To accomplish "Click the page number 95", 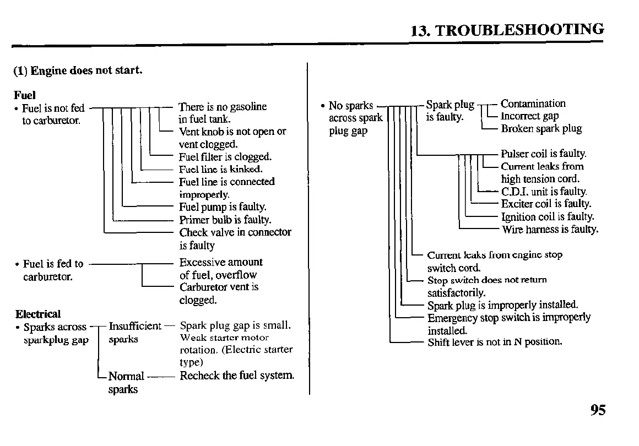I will click(x=598, y=411).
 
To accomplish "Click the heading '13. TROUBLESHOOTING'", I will click(x=507, y=30).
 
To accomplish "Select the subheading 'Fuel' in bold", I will click(x=25, y=95).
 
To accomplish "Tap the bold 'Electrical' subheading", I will click(x=38, y=314).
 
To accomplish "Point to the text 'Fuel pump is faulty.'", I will click(x=223, y=207).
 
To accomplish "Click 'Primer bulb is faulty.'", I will click(x=225, y=220).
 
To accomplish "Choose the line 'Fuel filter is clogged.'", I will click(x=225, y=157).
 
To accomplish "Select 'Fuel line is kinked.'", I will click(x=221, y=169).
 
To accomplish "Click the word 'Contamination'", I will click(x=533, y=104).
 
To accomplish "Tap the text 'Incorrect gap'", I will click(x=529, y=116).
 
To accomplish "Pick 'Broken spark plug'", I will click(x=541, y=129).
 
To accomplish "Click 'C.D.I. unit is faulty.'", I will click(x=544, y=192).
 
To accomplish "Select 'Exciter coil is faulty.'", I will click(x=546, y=204).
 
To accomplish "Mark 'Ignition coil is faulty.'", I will click(x=548, y=217).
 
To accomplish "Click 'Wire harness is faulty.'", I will click(x=550, y=230).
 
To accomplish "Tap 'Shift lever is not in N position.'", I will click(x=495, y=342).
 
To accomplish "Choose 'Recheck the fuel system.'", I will click(x=237, y=376).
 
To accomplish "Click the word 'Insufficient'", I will click(x=135, y=326).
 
